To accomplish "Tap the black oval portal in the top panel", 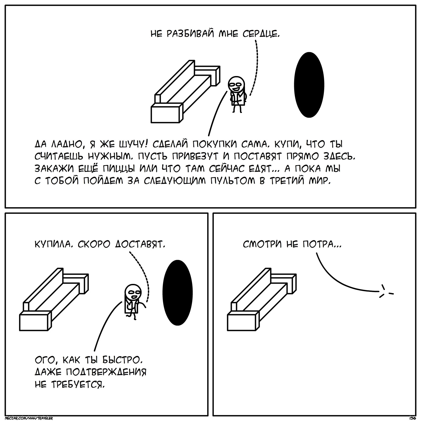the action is [309, 85].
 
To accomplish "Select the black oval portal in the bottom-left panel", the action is [178, 293].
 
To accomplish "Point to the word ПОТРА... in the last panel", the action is [321, 245].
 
